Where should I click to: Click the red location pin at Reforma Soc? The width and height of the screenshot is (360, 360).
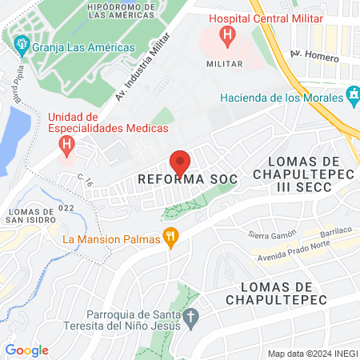click(180, 162)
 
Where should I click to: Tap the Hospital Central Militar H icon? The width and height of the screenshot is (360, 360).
click(229, 35)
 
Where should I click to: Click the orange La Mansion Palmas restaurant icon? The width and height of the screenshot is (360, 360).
click(170, 236)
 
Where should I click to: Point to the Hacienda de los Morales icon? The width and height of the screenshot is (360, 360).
click(353, 99)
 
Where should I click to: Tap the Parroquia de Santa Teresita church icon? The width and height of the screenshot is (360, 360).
click(190, 318)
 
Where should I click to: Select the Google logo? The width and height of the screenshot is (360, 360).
click(26, 350)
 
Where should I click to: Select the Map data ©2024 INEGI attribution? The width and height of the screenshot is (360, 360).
click(311, 354)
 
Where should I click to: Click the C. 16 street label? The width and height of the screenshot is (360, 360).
click(86, 182)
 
